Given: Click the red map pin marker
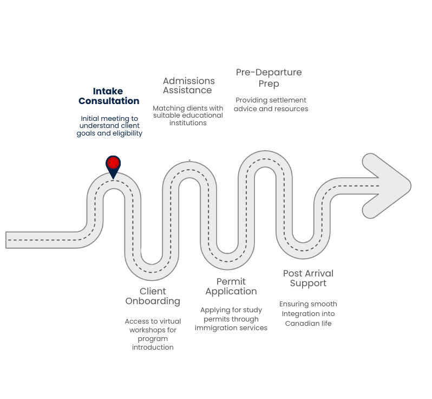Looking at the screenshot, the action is pyautogui.click(x=113, y=164).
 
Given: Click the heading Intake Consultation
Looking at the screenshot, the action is pyautogui.click(x=109, y=96).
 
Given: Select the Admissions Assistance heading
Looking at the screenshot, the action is pyautogui.click(x=188, y=86).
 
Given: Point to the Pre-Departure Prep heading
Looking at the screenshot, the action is pyautogui.click(x=269, y=78).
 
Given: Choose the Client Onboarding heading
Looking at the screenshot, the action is pyautogui.click(x=152, y=296).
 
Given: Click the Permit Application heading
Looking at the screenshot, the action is pyautogui.click(x=231, y=286).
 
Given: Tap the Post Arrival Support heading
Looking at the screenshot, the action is pyautogui.click(x=308, y=278).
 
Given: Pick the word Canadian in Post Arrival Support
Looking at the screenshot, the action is pyautogui.click(x=299, y=323).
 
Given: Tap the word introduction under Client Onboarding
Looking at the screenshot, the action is pyautogui.click(x=153, y=347).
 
